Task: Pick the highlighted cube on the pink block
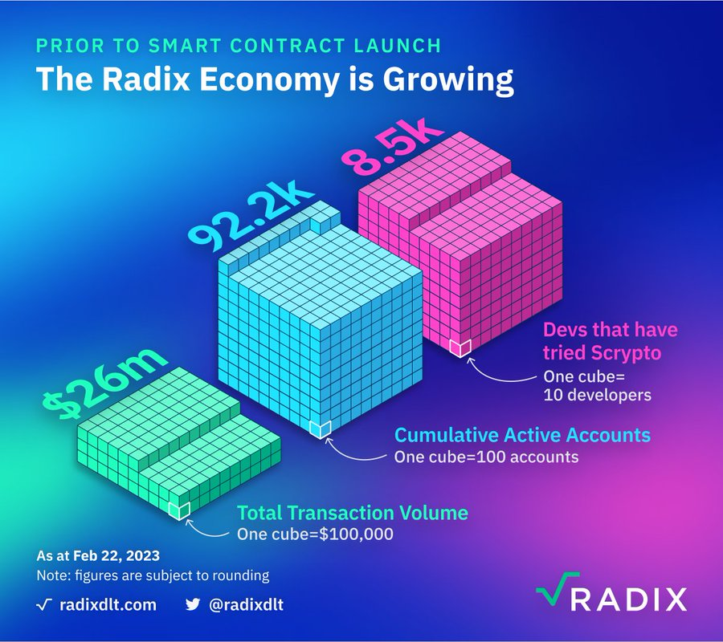point(460,347)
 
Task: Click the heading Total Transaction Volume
point(351,513)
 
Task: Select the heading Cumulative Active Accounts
point(521,436)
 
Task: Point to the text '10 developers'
point(598,395)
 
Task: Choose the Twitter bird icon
point(193,604)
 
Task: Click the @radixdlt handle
point(246,604)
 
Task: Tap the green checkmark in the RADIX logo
point(553,595)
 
